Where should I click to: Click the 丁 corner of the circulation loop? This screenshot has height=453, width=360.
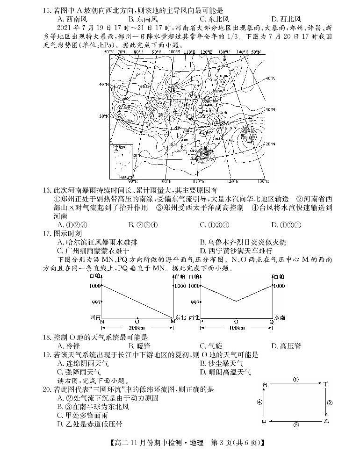325,384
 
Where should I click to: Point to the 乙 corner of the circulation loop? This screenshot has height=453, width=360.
325,421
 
